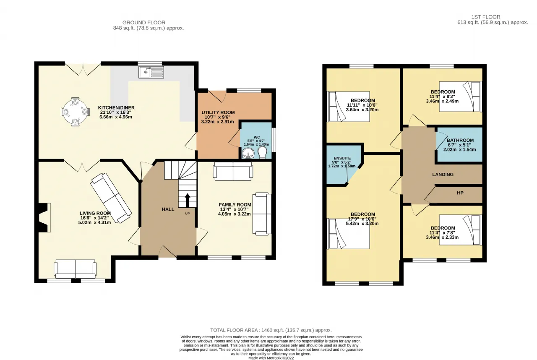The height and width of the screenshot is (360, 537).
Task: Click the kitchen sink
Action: click(151, 72)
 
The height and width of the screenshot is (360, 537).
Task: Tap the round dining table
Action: click(75, 112)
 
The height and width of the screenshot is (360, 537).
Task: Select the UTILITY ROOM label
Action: click(218, 112)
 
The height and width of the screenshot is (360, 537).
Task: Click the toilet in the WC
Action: click(262, 152)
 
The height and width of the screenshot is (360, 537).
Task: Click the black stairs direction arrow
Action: click(188, 201)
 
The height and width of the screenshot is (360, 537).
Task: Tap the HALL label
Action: click(168, 209)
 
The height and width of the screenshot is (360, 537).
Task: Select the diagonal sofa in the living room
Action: click(111, 198)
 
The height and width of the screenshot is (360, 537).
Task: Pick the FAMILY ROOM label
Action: click(235, 205)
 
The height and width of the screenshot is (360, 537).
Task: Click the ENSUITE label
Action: click(342, 158)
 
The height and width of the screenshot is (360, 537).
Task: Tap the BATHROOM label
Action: click(460, 140)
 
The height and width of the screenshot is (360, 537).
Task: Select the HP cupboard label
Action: click(460, 193)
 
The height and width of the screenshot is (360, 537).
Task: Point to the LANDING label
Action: click(443, 175)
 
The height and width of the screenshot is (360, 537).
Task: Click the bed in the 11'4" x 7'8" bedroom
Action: click(460, 230)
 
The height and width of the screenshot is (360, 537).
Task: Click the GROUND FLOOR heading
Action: click(144, 23)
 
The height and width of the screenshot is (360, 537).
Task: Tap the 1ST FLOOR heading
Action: click(486, 17)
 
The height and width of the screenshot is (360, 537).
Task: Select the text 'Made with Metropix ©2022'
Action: click(271, 358)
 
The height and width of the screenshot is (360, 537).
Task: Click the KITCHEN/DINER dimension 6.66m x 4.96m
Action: click(115, 117)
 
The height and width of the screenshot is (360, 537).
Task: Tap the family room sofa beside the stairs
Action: click(233, 171)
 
